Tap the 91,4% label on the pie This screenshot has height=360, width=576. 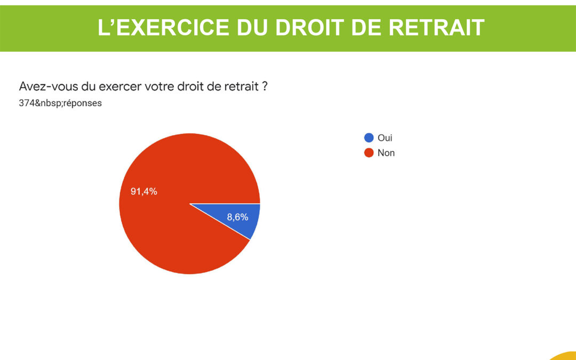tap(144, 191)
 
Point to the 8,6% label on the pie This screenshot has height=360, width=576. tap(238, 217)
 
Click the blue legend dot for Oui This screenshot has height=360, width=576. tap(369, 138)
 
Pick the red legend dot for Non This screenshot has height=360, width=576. tap(369, 153)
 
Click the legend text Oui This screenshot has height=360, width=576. tap(385, 138)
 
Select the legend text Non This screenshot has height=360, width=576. tap(386, 153)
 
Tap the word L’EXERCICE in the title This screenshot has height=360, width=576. tap(163, 28)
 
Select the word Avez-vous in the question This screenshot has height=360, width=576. tap(48, 87)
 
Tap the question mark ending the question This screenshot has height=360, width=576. tap(265, 87)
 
